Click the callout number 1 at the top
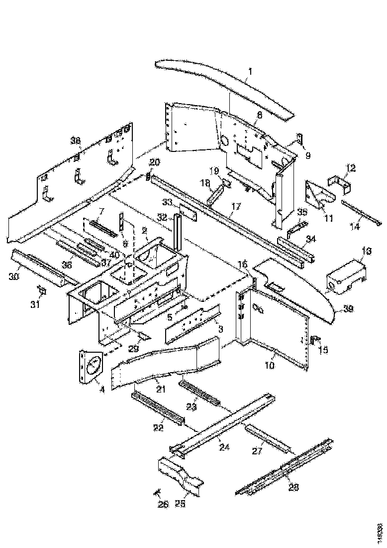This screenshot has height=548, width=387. point(250,71)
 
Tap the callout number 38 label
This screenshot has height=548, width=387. point(75,141)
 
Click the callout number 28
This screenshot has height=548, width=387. point(293,488)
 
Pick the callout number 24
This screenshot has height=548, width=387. point(224,447)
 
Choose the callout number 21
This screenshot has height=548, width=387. point(160,389)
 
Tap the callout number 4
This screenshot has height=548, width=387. point(101,390)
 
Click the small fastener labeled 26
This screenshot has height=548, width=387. point(158,493)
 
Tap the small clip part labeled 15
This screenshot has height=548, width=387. point(313,340)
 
